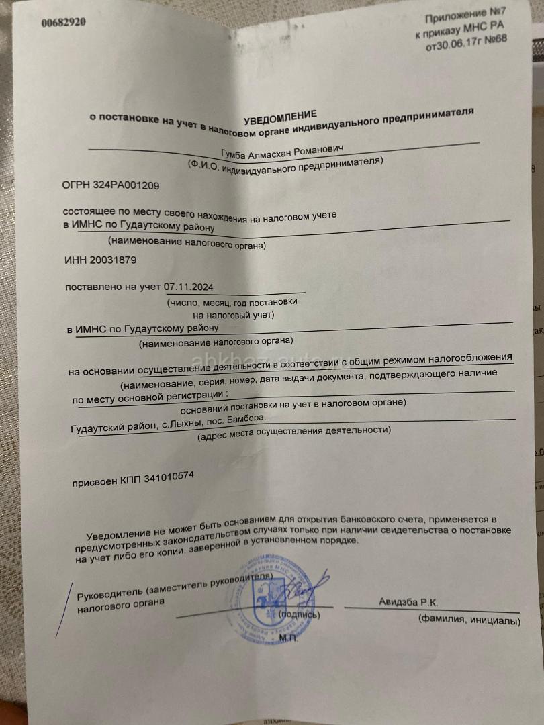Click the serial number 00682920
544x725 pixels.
click(63, 22)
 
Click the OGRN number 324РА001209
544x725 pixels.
click(111, 184)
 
